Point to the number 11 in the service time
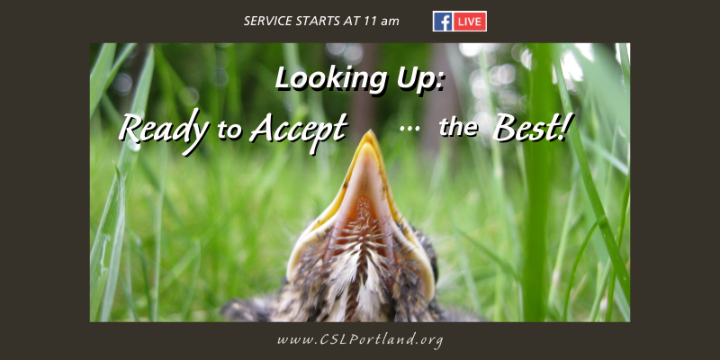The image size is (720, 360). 369,21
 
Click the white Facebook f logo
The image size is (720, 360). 443,22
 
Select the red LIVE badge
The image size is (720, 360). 470,22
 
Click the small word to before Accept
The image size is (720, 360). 229,130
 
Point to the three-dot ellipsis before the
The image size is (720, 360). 409,129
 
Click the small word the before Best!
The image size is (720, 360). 458,127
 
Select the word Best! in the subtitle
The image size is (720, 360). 530,127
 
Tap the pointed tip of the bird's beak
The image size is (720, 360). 369,132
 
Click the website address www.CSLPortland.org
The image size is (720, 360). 360,340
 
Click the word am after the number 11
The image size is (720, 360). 391,22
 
